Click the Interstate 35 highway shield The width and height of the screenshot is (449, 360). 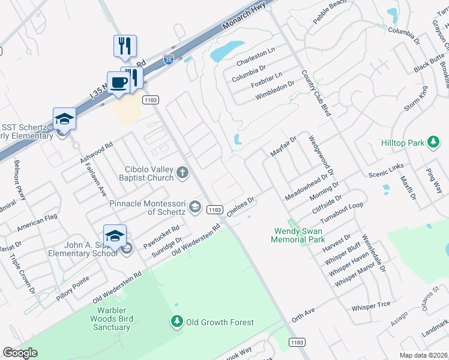[169, 60]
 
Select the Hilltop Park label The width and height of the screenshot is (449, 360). [403, 143]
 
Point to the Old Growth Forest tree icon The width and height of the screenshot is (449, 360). [177, 322]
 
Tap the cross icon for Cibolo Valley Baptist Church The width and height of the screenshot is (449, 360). [182, 173]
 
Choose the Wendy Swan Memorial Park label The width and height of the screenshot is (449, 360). [298, 235]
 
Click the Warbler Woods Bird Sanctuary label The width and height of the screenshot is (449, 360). [112, 319]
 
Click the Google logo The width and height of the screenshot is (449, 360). [20, 353]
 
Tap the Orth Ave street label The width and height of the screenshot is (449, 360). [303, 316]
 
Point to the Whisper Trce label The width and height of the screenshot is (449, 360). [371, 306]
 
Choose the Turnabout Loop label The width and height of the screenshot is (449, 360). [343, 212]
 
